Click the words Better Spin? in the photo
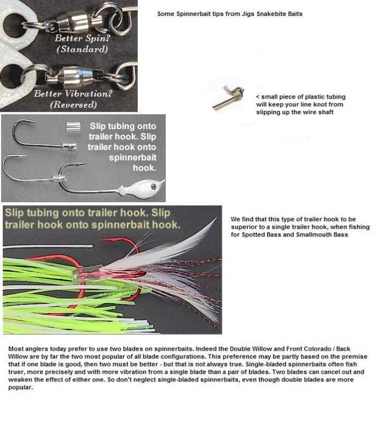82,38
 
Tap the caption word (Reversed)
74,105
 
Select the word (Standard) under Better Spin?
82,49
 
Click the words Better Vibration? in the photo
73,93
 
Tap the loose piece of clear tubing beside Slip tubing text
73,127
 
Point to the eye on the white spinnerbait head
154,186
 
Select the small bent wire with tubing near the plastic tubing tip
228,98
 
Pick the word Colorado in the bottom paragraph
317,349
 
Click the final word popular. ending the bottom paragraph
20,388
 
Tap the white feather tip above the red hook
215,219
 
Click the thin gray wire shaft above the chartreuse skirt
48,246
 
